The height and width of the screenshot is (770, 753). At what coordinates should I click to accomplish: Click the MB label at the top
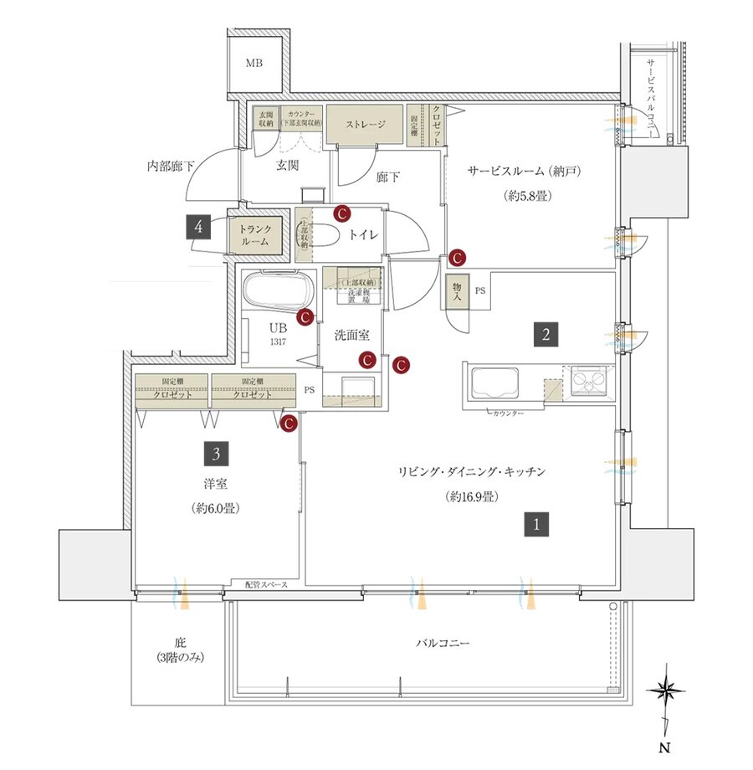coord(252,64)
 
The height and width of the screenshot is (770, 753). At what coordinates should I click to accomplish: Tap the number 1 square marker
coord(536,525)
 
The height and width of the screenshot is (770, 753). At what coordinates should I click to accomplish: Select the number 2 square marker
coord(545,336)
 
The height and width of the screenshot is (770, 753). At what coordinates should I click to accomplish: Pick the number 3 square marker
coord(217,454)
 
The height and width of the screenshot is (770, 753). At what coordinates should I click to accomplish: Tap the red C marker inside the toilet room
coord(341,213)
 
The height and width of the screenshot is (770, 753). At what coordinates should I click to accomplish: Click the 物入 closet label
coord(458,291)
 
